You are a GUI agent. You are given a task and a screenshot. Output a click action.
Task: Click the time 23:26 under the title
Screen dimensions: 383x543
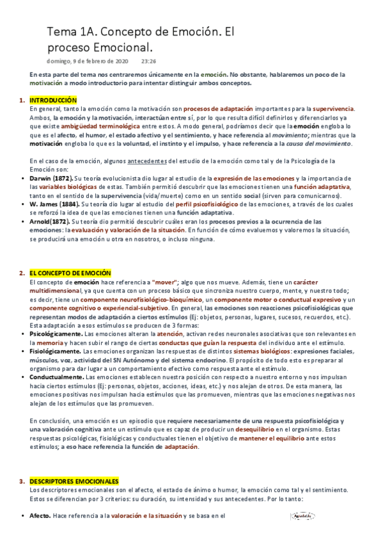coord(148,61)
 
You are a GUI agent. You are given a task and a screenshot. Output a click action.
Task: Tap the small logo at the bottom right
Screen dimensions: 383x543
coord(302,515)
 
